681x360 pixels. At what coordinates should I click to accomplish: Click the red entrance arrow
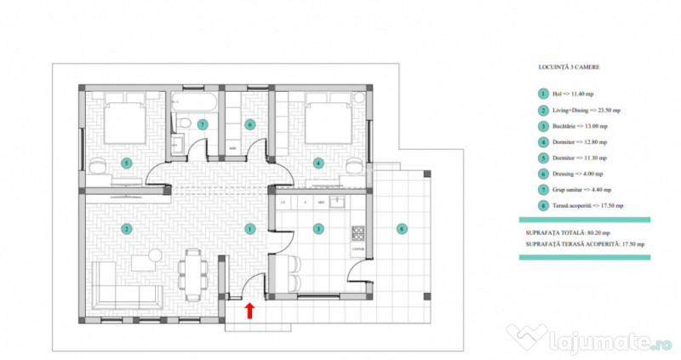click(249, 311)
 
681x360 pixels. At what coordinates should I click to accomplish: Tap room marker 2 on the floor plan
click(125, 229)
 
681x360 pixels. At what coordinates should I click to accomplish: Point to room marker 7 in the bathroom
click(202, 124)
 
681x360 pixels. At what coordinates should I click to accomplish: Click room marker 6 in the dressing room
click(249, 124)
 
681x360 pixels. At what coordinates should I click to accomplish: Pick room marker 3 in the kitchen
click(318, 229)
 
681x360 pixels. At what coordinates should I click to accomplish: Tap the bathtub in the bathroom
click(195, 106)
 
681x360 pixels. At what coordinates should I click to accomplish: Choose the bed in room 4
click(327, 121)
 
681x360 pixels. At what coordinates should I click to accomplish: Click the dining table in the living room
click(189, 273)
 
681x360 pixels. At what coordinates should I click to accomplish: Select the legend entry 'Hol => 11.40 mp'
click(571, 94)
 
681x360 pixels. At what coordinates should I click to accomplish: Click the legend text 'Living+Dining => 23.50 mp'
click(586, 111)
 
